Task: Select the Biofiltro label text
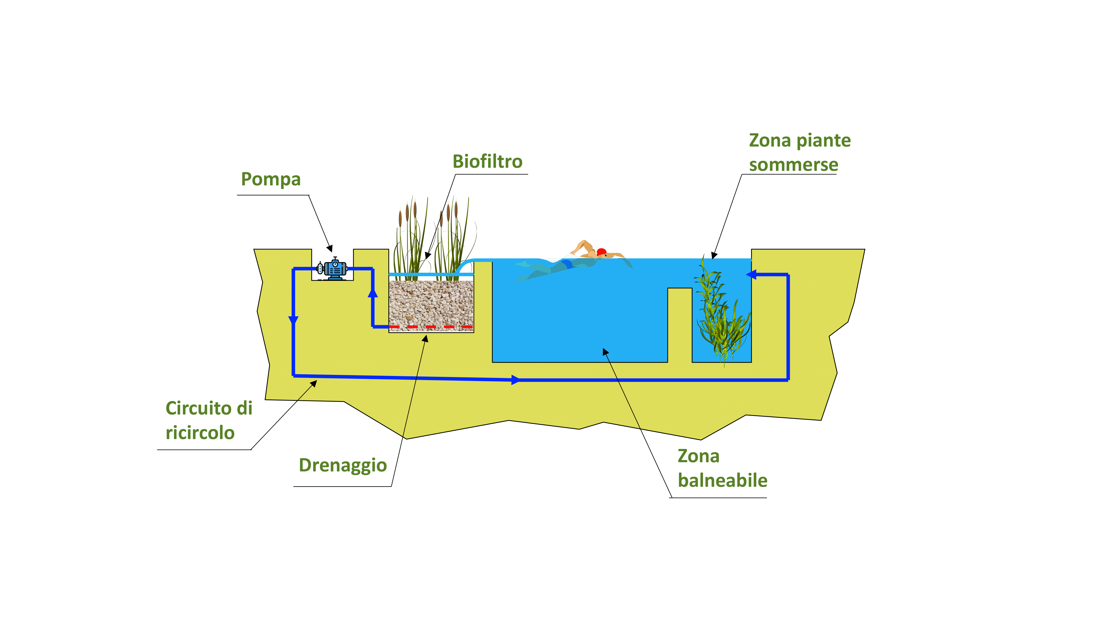click(x=487, y=162)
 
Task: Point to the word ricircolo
click(x=200, y=433)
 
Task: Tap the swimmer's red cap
click(x=601, y=251)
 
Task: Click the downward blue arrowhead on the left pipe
click(x=293, y=321)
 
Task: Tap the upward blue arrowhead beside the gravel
click(x=372, y=293)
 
